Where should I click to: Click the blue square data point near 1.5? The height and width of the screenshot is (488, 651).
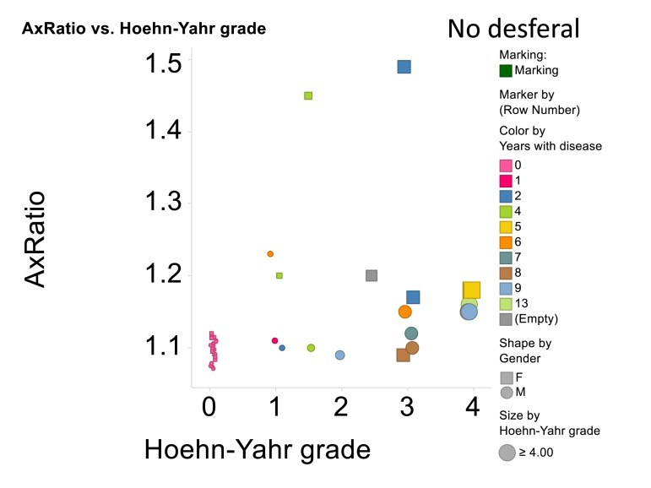(x=404, y=67)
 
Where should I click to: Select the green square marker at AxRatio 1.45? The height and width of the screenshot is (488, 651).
(x=308, y=95)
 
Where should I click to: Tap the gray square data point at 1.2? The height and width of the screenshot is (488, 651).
(x=372, y=275)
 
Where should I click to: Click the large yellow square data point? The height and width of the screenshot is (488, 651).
(x=471, y=290)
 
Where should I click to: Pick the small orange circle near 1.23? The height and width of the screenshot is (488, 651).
(x=270, y=253)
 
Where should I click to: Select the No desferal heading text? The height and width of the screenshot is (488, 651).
(x=513, y=29)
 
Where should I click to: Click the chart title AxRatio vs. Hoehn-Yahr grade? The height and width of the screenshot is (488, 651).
(x=144, y=30)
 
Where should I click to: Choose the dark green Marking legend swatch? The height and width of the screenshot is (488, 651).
(x=506, y=71)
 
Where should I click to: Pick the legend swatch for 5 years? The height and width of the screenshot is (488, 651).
(x=506, y=227)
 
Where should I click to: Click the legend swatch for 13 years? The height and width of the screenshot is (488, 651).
(x=506, y=303)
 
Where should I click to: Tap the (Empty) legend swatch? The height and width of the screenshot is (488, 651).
(x=506, y=318)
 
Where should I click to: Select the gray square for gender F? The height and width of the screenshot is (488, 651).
(x=506, y=377)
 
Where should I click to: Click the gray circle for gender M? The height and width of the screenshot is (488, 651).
(x=506, y=392)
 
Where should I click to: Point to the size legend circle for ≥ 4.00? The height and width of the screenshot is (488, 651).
(x=507, y=452)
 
